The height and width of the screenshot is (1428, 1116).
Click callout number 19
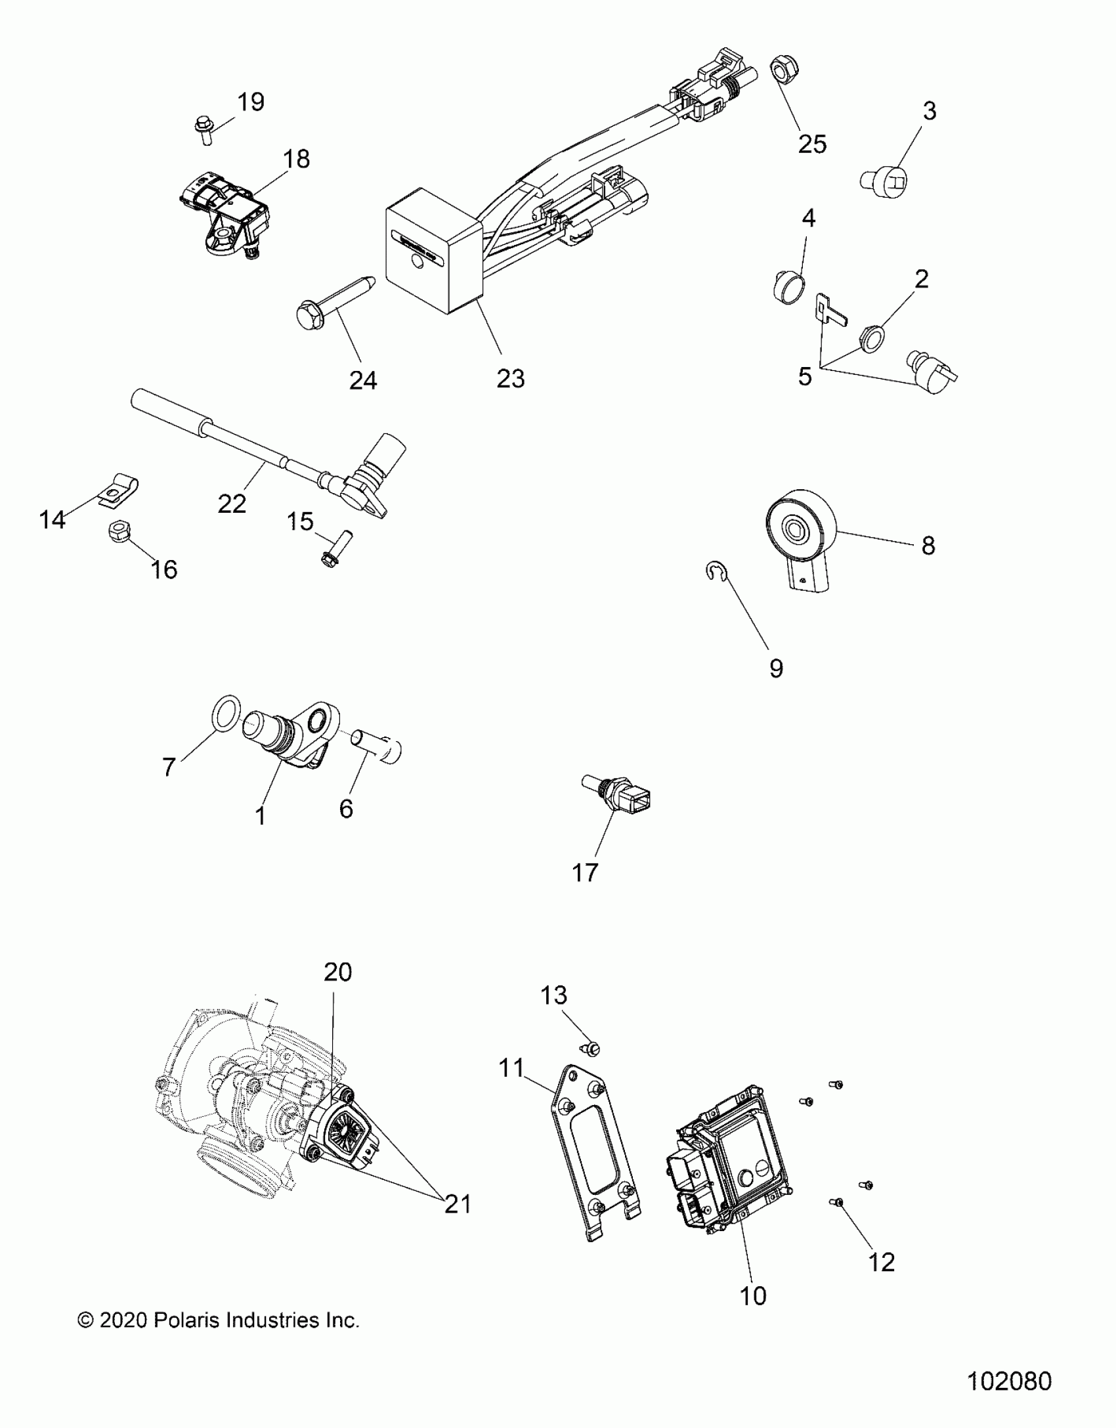(250, 102)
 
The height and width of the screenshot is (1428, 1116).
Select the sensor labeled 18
(226, 212)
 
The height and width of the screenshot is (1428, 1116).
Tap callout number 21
(458, 1204)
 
